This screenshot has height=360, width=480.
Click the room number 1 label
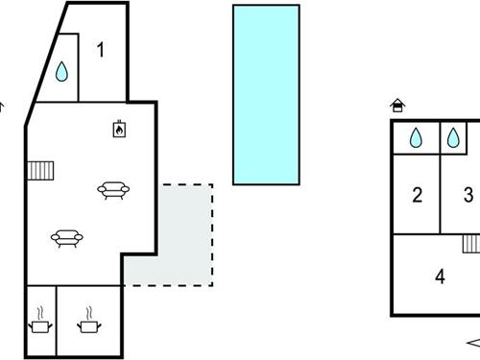pos(100,51)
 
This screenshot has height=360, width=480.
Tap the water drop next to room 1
pos(61,72)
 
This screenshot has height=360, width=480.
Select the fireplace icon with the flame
pos(119,129)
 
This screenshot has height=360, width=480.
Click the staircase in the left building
pos(40,171)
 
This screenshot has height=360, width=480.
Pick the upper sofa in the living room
pos(112,190)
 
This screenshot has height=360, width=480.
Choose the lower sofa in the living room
pos(67,237)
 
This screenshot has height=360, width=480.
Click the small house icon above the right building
pos(396,106)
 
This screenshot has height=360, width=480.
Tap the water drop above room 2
pos(416,138)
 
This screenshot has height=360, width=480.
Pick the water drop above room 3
pos(453,138)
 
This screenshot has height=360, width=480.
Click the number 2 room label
pos(418,196)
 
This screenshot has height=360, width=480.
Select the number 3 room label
pos(468,196)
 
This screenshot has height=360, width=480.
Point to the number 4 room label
pos(440,276)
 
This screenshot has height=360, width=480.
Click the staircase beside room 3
pos(471,243)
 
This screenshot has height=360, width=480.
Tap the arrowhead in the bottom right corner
pos(472,343)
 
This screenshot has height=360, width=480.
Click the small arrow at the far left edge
pos(2,108)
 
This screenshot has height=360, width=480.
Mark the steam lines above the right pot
pos(89,312)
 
